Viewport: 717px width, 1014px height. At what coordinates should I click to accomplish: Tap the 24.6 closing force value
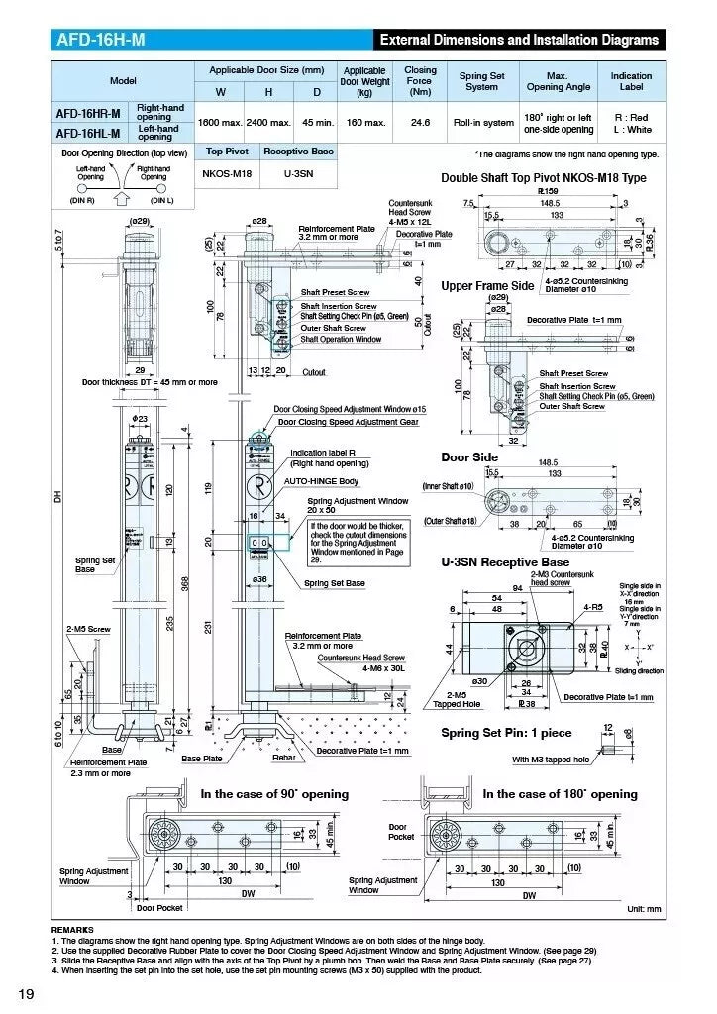tap(420, 123)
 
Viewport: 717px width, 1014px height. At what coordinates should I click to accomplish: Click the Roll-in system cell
tap(483, 123)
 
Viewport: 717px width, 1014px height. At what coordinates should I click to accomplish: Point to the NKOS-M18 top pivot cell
tap(227, 172)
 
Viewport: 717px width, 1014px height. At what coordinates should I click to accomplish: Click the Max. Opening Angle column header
tap(557, 81)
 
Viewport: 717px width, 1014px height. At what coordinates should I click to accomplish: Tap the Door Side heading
tap(469, 457)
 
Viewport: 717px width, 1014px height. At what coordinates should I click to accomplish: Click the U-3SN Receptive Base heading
tap(505, 562)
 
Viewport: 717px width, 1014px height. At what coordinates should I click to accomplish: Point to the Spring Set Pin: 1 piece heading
tap(506, 734)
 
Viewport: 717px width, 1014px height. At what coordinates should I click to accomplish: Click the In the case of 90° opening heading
tap(274, 794)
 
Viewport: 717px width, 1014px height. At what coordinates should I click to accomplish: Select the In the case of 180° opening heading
tap(560, 794)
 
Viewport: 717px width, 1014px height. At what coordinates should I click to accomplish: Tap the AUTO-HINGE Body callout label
tap(322, 480)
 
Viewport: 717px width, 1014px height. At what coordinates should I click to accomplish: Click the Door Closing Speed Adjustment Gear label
tap(348, 422)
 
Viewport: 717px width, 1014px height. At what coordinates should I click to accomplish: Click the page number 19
tap(26, 993)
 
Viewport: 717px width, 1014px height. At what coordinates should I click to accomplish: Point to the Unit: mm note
tap(647, 909)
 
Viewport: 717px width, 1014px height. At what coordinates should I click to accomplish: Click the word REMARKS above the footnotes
tap(72, 930)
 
